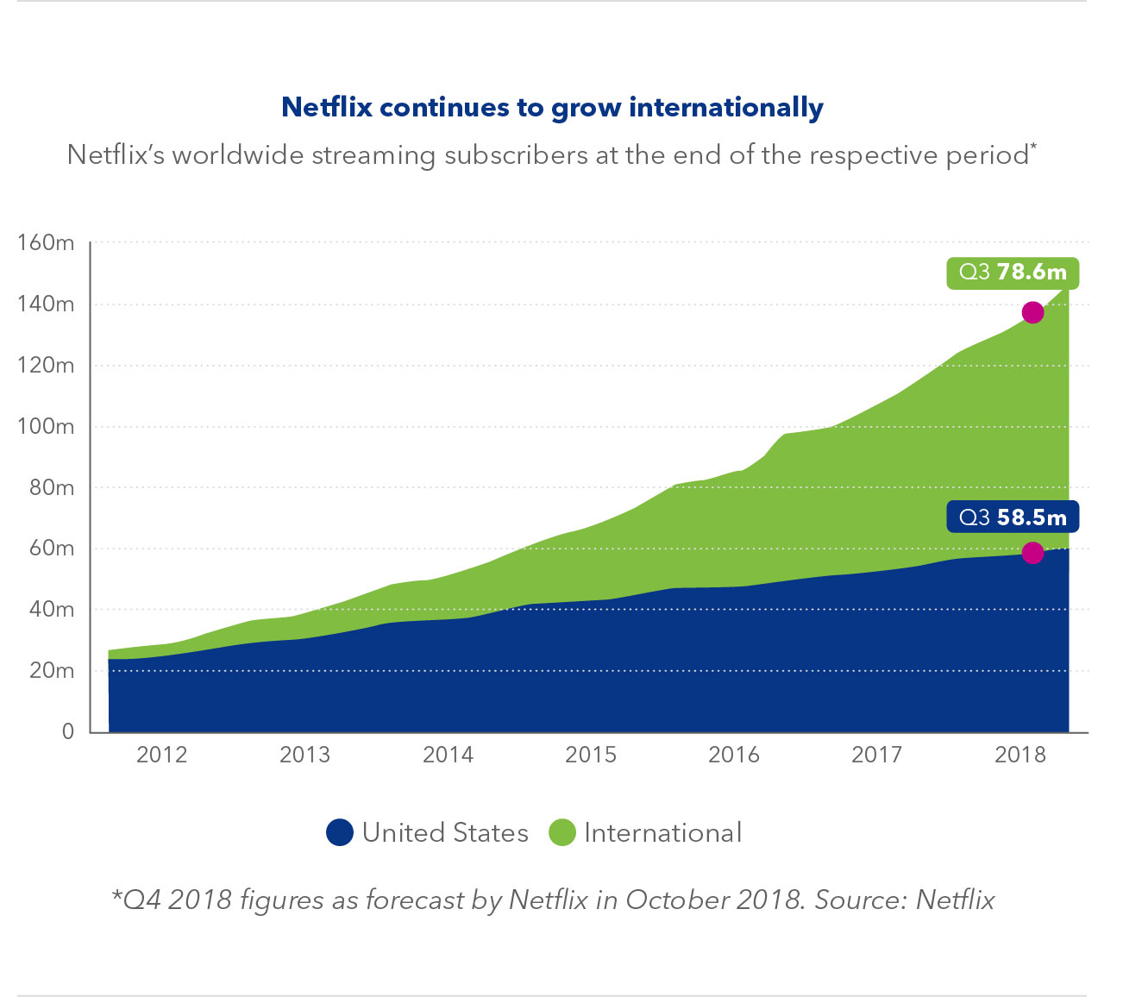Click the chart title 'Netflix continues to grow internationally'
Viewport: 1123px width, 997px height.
pyautogui.click(x=552, y=108)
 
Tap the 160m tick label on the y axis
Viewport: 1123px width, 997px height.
pyautogui.click(x=46, y=243)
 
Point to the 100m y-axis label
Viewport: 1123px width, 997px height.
pyautogui.click(x=46, y=427)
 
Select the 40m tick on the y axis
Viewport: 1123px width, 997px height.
pyautogui.click(x=52, y=610)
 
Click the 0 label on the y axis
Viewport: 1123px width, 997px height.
pyautogui.click(x=68, y=731)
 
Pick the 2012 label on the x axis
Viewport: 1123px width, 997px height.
pyautogui.click(x=161, y=755)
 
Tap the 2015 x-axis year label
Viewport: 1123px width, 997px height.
pyautogui.click(x=590, y=755)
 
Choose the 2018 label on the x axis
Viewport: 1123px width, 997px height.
pyautogui.click(x=1019, y=755)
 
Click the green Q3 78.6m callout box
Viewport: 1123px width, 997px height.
pyautogui.click(x=1013, y=273)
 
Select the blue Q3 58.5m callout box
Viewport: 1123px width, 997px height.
pyautogui.click(x=1013, y=517)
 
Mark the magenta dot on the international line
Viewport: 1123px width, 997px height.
pyautogui.click(x=1032, y=312)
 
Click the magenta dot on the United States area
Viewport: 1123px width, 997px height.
pyautogui.click(x=1032, y=553)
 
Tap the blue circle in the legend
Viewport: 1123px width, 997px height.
pyautogui.click(x=340, y=833)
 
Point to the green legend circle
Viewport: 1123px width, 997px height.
pyautogui.click(x=561, y=833)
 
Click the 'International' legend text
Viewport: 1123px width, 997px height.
pyautogui.click(x=662, y=833)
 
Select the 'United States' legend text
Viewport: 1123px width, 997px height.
pyautogui.click(x=445, y=833)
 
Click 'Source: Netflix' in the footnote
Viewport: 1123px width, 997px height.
pyautogui.click(x=905, y=900)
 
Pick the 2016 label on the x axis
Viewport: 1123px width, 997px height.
pyautogui.click(x=733, y=755)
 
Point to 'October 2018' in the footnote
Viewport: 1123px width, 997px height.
pyautogui.click(x=715, y=900)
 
